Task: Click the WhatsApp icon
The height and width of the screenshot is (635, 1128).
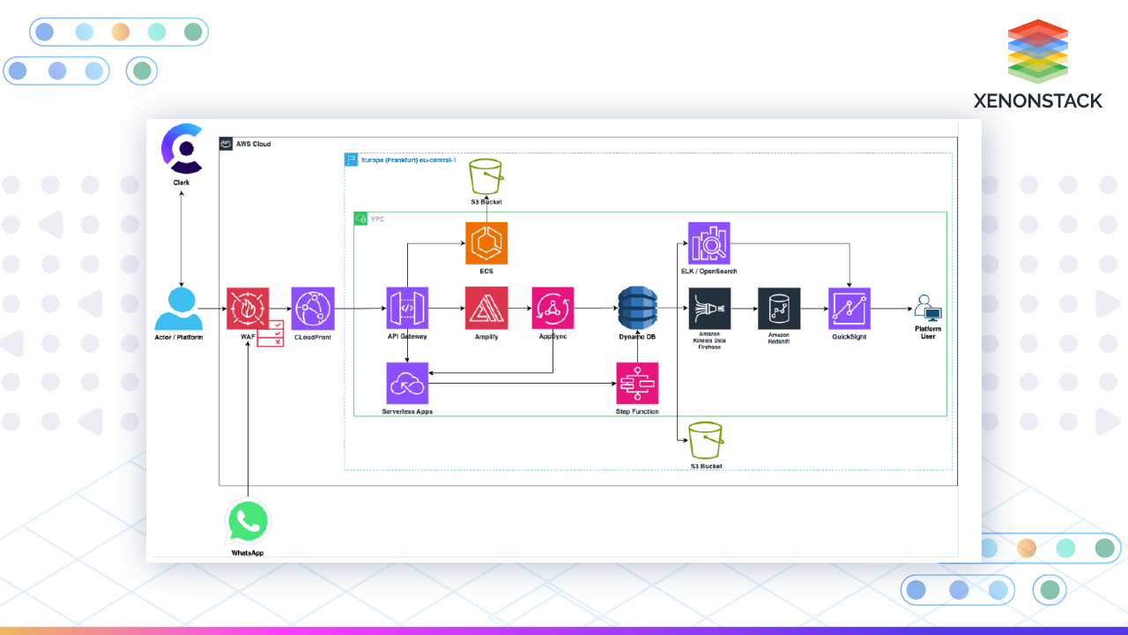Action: click(248, 522)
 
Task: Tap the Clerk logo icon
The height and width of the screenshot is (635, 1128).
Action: click(182, 148)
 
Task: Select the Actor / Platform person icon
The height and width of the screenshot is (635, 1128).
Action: click(179, 308)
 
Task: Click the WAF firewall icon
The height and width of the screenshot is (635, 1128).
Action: click(249, 309)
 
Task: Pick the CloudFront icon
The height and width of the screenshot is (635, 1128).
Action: click(313, 309)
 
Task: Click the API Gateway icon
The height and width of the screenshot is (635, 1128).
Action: click(407, 309)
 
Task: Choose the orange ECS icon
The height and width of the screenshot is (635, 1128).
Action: click(486, 243)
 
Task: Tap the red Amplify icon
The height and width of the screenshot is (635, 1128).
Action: click(486, 309)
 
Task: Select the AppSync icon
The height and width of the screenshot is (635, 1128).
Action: click(553, 309)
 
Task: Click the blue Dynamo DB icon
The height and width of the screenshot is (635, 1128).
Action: click(637, 309)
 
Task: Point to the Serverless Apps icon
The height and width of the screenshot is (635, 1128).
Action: click(407, 383)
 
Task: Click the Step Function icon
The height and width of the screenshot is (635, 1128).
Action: click(637, 383)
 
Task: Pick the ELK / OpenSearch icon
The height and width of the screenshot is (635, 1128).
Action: click(709, 243)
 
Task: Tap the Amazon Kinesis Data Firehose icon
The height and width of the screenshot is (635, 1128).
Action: click(709, 309)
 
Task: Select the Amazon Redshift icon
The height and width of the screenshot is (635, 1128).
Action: click(779, 309)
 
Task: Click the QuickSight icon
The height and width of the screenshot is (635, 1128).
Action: click(850, 309)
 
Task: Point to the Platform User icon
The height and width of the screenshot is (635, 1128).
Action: click(927, 310)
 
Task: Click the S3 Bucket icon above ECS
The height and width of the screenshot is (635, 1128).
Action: click(486, 176)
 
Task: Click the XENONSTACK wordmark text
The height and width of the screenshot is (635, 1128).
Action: click(1037, 101)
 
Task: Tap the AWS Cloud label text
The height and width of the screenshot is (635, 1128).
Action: click(253, 144)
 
